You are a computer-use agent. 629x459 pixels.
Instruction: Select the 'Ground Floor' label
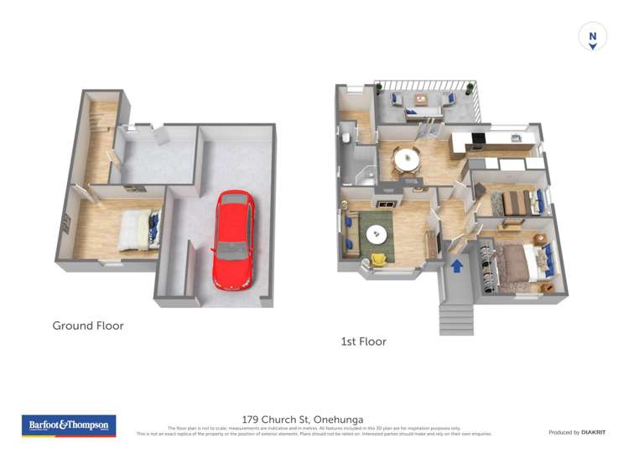tap(88, 326)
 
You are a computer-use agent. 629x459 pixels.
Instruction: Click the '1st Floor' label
tap(363, 342)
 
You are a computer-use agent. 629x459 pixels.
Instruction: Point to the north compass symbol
tap(592, 37)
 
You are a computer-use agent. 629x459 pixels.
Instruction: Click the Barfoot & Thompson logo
tap(69, 425)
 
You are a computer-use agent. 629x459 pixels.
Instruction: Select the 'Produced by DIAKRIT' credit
tap(576, 432)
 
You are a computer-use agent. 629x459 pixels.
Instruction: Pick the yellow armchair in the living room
tap(379, 259)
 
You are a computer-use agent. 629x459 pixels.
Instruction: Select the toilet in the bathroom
tap(346, 138)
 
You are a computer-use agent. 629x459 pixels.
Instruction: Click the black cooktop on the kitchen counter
tap(479, 138)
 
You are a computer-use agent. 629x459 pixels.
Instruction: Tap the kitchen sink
tap(517, 138)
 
